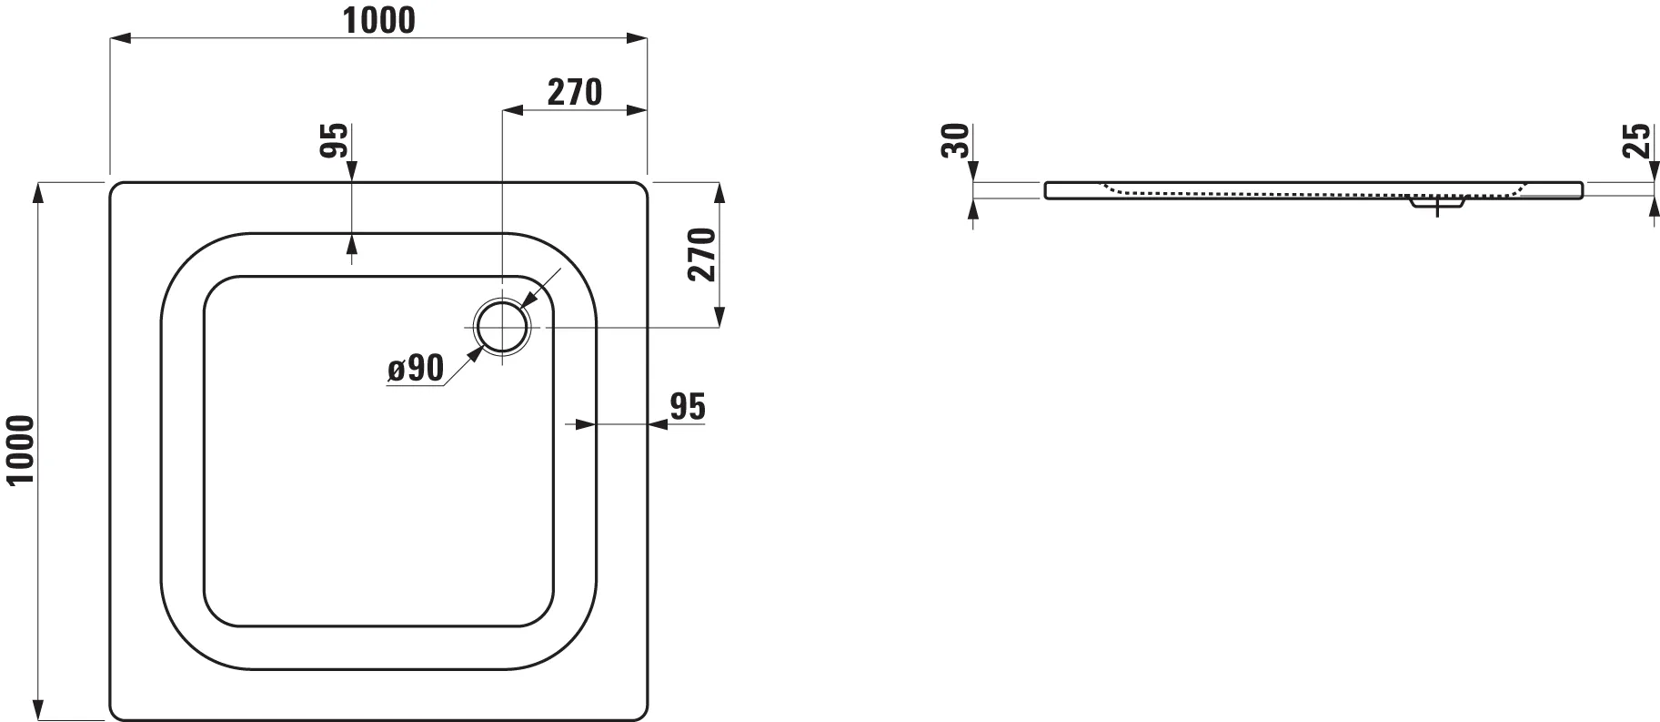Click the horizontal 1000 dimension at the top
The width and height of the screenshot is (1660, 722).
378,20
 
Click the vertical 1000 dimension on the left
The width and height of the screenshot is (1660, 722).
20,451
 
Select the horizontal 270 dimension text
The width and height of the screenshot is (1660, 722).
574,92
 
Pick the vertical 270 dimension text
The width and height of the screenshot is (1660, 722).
702,255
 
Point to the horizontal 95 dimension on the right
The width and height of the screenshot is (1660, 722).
687,407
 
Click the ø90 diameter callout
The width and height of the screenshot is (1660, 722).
416,369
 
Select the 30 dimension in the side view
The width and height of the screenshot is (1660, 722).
956,141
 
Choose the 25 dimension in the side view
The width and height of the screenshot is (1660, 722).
1636,140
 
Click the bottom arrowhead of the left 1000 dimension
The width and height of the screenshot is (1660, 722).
38,711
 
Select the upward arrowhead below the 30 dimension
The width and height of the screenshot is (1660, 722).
973,207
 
